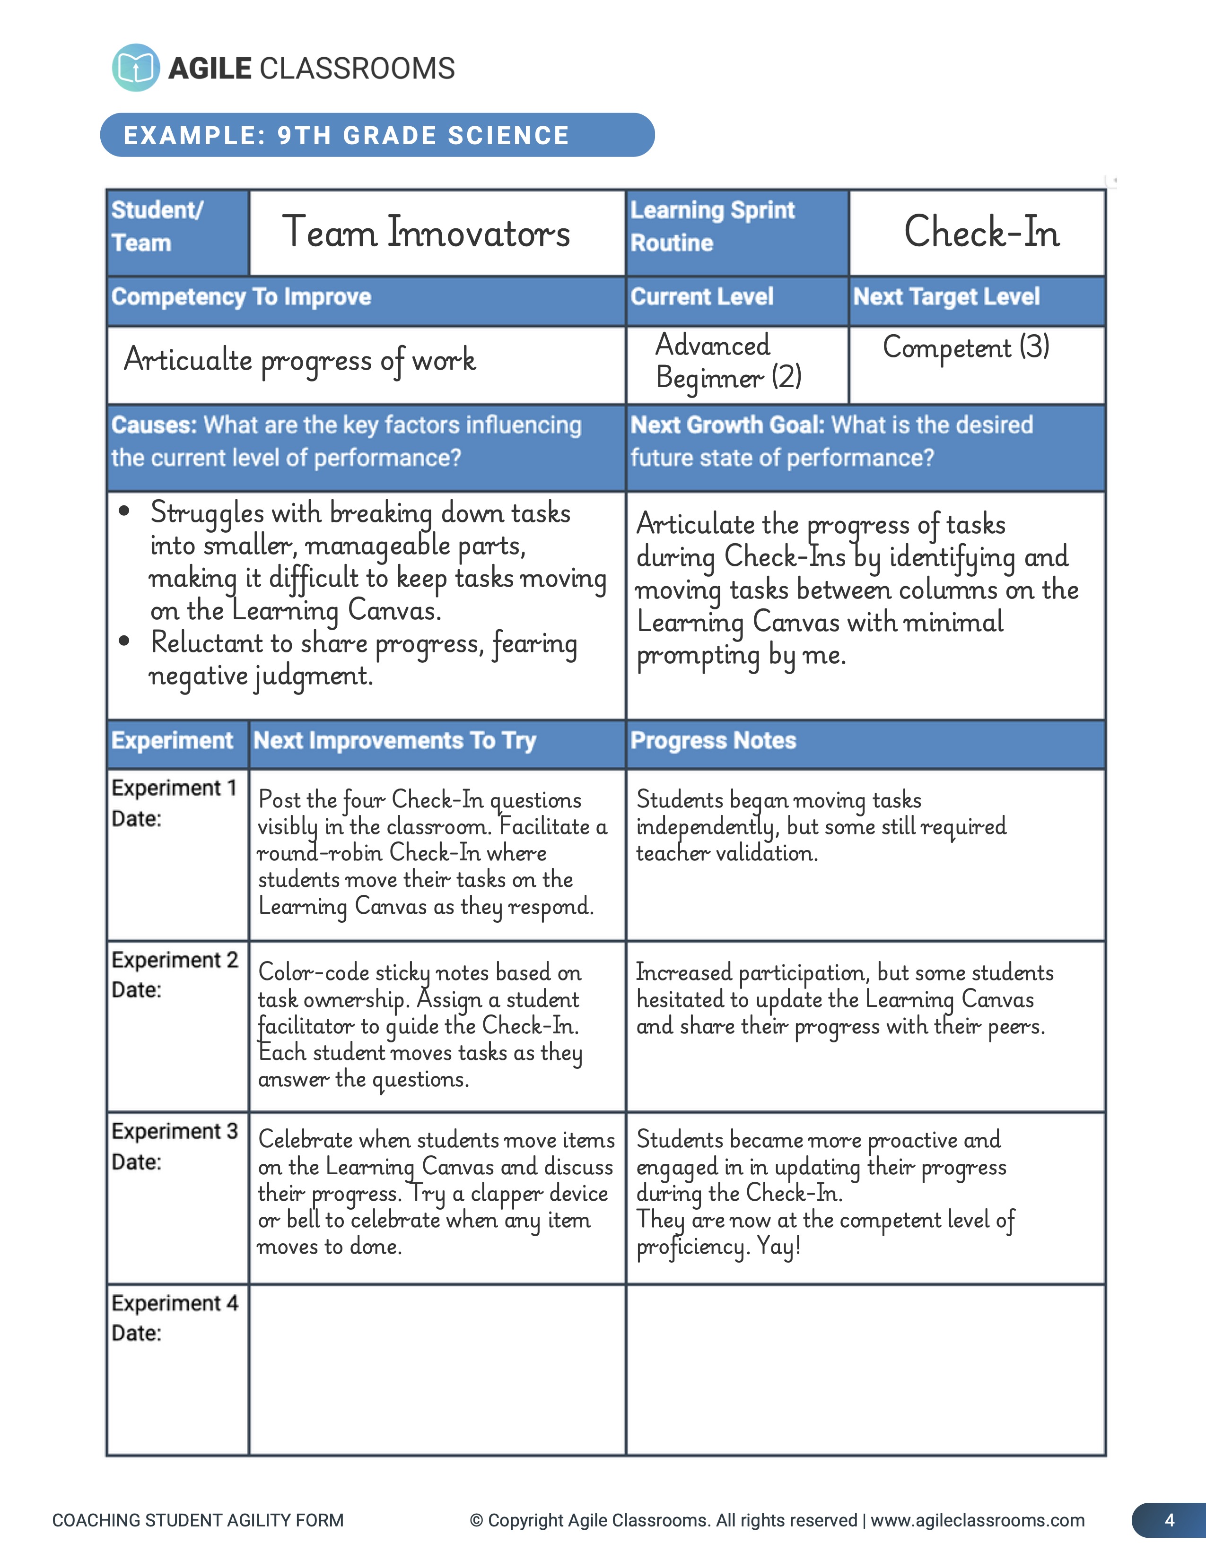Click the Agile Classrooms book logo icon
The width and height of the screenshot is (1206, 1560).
pyautogui.click(x=136, y=68)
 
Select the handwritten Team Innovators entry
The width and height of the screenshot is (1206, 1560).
pyautogui.click(x=427, y=233)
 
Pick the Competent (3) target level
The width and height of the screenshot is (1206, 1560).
pyautogui.click(x=966, y=347)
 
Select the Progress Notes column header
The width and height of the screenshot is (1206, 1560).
pyautogui.click(x=713, y=741)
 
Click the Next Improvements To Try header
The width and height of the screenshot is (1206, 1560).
pyautogui.click(x=394, y=741)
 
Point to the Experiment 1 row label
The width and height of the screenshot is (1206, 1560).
pyautogui.click(x=174, y=788)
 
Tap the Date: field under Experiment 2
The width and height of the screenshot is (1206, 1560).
pyautogui.click(x=137, y=990)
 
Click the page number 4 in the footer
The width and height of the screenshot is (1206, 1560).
pyautogui.click(x=1169, y=1520)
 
